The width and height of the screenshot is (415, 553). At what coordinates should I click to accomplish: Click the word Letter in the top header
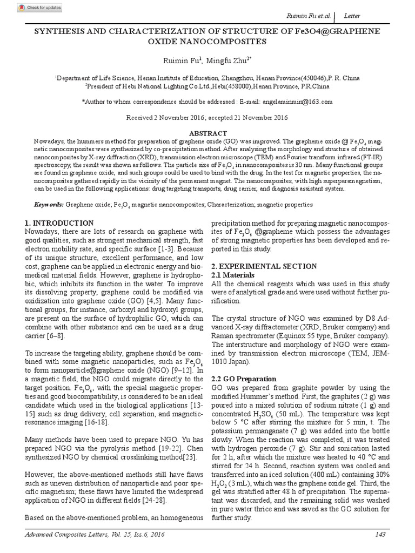tap(354, 17)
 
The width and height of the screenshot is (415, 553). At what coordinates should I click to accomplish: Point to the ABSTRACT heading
tap(207, 132)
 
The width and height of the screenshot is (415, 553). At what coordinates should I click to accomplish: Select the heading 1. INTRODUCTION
tap(59, 223)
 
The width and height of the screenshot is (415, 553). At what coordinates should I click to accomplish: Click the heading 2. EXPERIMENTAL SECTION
tap(264, 266)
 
